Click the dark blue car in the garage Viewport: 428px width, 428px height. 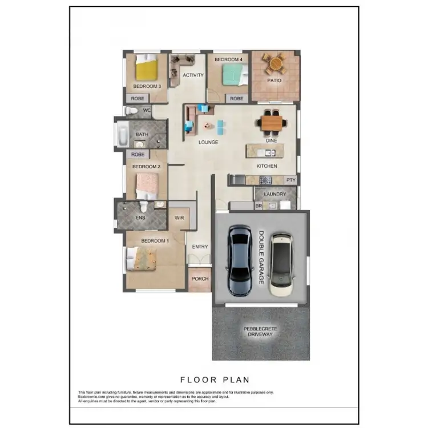click(x=239, y=260)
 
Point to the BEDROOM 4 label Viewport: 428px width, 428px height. click(x=228, y=59)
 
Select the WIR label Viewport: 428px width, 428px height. click(x=179, y=217)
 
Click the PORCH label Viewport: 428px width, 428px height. click(x=200, y=279)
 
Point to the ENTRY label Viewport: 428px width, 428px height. click(x=200, y=247)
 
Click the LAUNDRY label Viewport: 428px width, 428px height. click(x=275, y=195)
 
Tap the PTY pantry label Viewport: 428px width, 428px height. click(x=291, y=180)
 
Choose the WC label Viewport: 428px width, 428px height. click(x=147, y=110)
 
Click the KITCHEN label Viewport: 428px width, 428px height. click(x=267, y=166)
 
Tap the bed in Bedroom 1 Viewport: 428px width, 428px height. click(x=141, y=258)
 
